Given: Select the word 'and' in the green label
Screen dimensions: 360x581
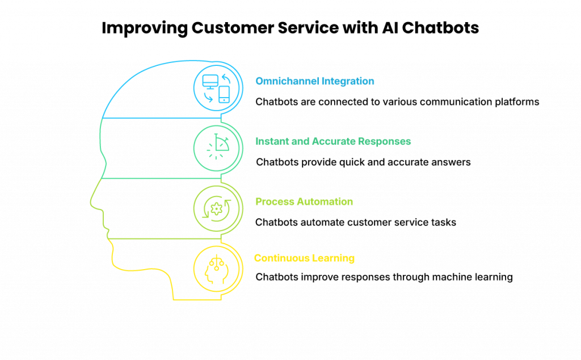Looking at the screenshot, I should [298, 141].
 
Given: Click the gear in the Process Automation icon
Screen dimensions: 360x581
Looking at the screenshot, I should [216, 209].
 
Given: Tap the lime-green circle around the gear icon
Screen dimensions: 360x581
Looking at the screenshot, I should [195, 207].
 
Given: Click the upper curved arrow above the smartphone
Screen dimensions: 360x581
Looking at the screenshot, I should [225, 78].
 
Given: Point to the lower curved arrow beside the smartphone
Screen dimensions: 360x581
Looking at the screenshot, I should [208, 98].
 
